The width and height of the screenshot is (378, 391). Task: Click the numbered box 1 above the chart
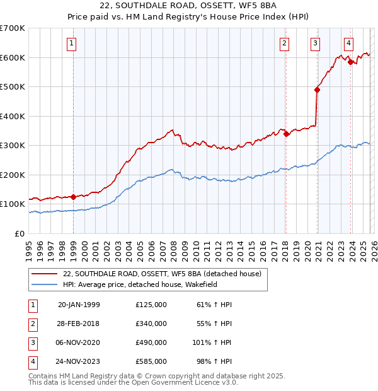[x=72, y=44]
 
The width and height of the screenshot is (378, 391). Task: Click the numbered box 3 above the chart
[x=314, y=44]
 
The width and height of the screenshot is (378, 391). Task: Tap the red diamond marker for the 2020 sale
[x=317, y=90]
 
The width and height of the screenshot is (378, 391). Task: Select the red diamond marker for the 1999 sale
[x=74, y=197]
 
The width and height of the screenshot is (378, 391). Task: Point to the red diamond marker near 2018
[x=286, y=134]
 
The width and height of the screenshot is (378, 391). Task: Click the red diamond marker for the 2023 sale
[x=350, y=62]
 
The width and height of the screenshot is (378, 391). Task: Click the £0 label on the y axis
[x=19, y=233]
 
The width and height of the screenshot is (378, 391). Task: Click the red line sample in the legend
[x=44, y=274]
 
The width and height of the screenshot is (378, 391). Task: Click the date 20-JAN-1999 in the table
[x=79, y=305]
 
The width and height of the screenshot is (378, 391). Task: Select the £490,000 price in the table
[x=151, y=342]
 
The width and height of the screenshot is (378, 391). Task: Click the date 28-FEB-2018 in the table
[x=79, y=324]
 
